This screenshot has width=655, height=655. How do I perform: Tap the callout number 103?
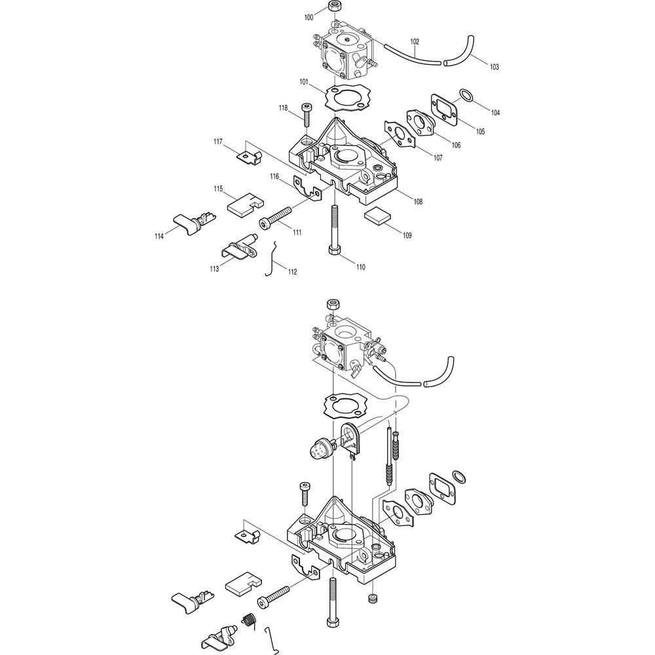pyautogui.click(x=494, y=67)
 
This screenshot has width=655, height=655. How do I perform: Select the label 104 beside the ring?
pyautogui.click(x=495, y=113)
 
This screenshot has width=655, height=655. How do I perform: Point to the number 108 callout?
pyautogui.click(x=417, y=202)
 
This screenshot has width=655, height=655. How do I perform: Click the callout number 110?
pyautogui.click(x=360, y=267)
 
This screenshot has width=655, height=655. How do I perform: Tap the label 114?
pyautogui.click(x=159, y=236)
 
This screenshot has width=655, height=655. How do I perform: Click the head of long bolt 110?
pyautogui.click(x=334, y=252)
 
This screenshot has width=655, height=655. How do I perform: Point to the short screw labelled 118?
pyautogui.click(x=306, y=115)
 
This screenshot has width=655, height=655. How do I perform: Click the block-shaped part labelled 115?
pyautogui.click(x=244, y=199)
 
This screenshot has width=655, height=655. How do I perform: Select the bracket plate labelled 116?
pyautogui.click(x=307, y=187)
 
